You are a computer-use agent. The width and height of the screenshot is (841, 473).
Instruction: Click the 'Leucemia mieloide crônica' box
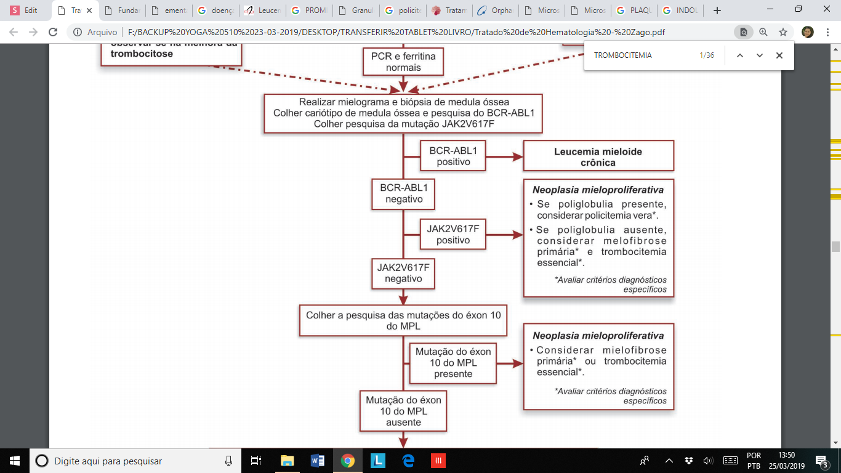point(598,156)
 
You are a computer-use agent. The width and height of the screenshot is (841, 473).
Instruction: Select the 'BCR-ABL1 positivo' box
point(453,156)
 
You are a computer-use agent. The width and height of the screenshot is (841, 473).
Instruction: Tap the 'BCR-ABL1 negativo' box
point(404,193)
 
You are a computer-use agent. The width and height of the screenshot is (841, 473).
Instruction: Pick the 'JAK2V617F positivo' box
point(453,234)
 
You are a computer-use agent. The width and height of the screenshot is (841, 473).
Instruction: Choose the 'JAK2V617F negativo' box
point(403,273)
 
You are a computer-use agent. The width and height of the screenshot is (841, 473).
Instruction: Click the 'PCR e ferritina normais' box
point(403,62)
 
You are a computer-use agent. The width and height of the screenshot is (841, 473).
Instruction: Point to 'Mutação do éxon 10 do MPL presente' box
point(453,362)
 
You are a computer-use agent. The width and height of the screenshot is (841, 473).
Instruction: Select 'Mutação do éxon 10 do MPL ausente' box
point(403,411)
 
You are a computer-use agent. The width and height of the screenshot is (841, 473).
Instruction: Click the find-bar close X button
point(779,55)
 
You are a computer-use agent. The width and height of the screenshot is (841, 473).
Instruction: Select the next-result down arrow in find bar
point(759,55)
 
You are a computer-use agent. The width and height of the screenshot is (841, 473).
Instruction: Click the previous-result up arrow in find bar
point(740,55)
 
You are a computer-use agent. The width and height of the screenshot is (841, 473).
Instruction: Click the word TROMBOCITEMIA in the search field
point(622,55)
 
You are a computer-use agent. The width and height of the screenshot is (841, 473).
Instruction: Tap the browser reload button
point(53,32)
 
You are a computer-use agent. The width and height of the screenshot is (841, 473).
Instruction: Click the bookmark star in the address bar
point(783,32)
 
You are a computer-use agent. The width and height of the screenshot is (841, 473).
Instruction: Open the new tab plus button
point(717,10)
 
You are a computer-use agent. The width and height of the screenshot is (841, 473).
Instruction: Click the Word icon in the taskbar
point(318,460)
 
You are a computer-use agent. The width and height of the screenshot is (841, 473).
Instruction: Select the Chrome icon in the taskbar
point(348,460)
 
